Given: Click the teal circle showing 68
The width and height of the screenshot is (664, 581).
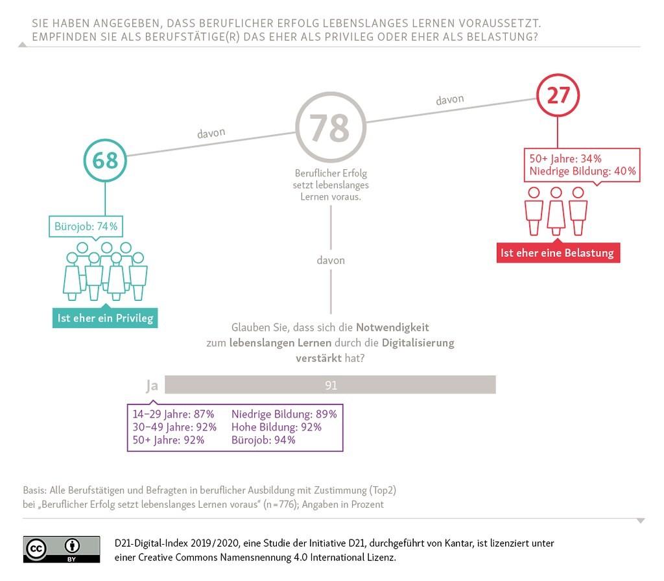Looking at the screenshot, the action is pyautogui.click(x=105, y=141).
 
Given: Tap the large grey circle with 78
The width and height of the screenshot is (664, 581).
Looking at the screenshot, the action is pyautogui.click(x=331, y=94).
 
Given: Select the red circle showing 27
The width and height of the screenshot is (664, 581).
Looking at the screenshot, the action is pyautogui.click(x=558, y=76).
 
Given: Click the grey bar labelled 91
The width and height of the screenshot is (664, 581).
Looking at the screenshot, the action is pyautogui.click(x=330, y=385).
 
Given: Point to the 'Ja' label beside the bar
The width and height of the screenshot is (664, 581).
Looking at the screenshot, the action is pyautogui.click(x=152, y=386).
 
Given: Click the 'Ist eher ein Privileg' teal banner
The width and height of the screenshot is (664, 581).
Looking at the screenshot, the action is pyautogui.click(x=105, y=318).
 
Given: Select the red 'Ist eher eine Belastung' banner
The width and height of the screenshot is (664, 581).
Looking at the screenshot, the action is pyautogui.click(x=558, y=253).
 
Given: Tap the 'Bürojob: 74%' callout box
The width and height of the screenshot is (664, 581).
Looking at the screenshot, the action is pyautogui.click(x=86, y=226).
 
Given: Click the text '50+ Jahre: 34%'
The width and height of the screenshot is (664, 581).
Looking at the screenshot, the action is pyautogui.click(x=565, y=158).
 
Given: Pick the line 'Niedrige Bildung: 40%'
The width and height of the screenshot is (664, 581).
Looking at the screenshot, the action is pyautogui.click(x=583, y=171).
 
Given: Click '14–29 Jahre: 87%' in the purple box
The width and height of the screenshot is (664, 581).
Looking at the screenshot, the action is pyautogui.click(x=173, y=414).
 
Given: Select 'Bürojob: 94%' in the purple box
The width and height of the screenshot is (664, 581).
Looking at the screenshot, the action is pyautogui.click(x=263, y=440).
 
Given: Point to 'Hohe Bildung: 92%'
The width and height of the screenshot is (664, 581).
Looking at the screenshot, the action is pyautogui.click(x=276, y=427).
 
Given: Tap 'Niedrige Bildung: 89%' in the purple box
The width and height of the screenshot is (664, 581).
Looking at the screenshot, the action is pyautogui.click(x=284, y=414).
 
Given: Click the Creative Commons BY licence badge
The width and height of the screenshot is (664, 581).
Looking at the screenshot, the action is pyautogui.click(x=62, y=549).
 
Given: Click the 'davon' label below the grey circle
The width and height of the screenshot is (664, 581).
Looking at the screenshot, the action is pyautogui.click(x=331, y=260).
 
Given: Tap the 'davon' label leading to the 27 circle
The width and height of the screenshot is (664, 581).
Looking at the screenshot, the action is pyautogui.click(x=450, y=99).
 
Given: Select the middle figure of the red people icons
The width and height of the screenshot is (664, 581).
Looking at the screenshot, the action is pyautogui.click(x=556, y=211).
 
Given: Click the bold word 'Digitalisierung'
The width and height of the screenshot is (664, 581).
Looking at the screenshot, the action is pyautogui.click(x=418, y=342).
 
